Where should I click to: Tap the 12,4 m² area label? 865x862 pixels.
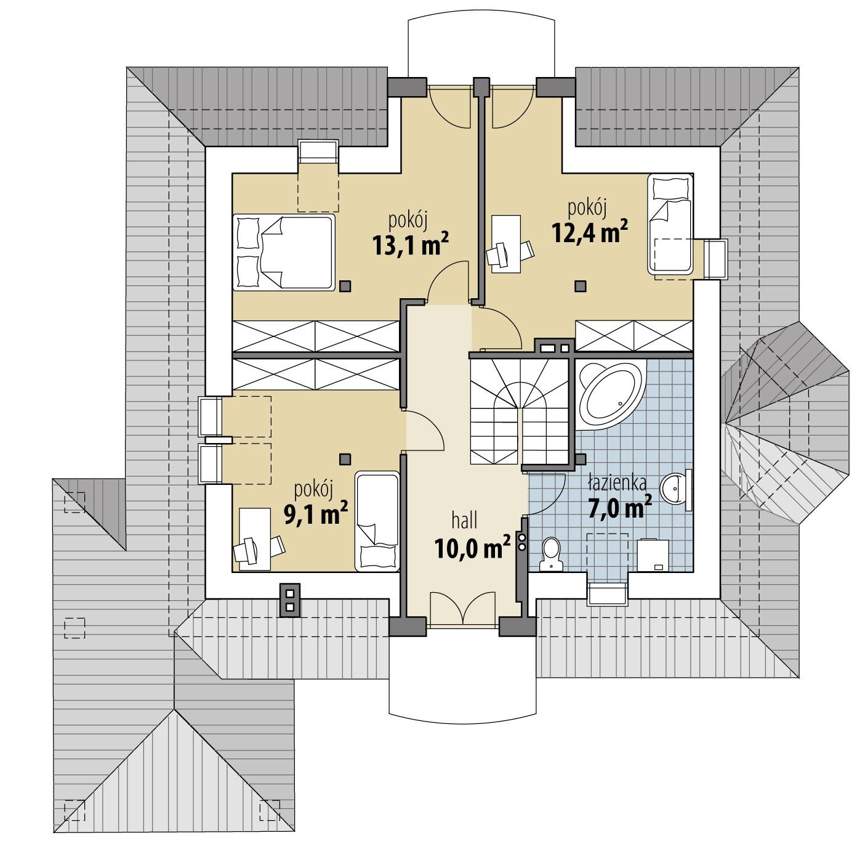click(x=589, y=234)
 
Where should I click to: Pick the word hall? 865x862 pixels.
click(x=465, y=521)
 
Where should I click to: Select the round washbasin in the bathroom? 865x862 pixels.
click(x=677, y=489)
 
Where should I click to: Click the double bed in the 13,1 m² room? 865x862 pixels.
click(x=283, y=252)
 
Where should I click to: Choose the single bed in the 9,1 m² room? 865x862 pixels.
click(x=377, y=521)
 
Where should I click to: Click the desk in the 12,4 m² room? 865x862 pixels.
click(x=505, y=243)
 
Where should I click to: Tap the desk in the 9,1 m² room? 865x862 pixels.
click(x=253, y=539)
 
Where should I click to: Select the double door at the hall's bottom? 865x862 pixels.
click(x=463, y=608)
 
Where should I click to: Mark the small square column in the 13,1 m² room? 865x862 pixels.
click(x=346, y=285)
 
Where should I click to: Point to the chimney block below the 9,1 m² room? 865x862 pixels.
click(x=289, y=599)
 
